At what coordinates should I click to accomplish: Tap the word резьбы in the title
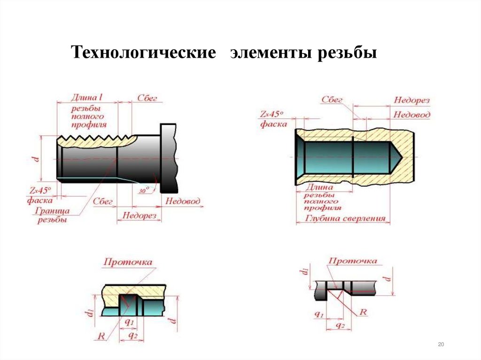click(x=347, y=53)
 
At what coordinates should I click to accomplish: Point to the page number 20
click(x=441, y=345)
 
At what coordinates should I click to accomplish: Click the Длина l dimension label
click(x=87, y=98)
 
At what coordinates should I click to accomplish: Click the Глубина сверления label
click(x=346, y=218)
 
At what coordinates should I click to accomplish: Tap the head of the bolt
click(x=169, y=158)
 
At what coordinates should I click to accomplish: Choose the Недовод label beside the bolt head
click(x=183, y=201)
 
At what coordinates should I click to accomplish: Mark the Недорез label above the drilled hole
click(x=411, y=100)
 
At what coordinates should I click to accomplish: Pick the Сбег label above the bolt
click(x=147, y=98)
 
